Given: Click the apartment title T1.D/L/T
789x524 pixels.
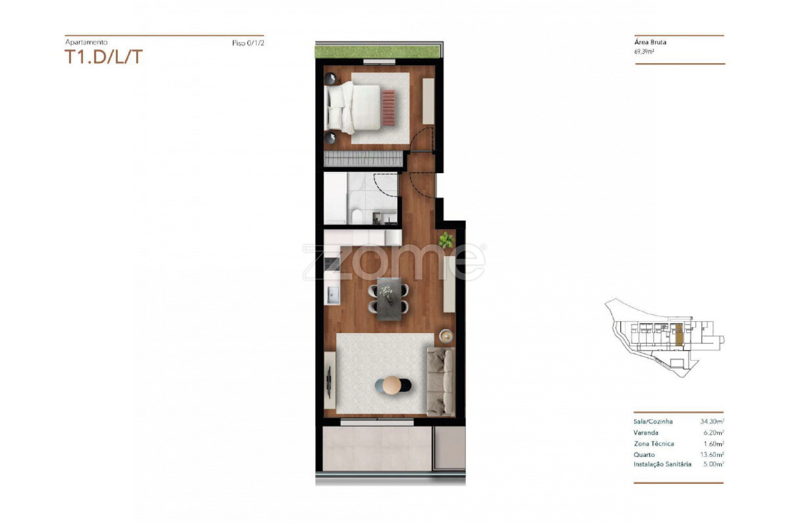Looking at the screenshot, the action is [x=104, y=57].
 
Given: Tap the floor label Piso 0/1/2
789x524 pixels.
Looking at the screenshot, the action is [x=248, y=43].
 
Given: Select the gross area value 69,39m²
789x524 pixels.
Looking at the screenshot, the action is [x=644, y=51].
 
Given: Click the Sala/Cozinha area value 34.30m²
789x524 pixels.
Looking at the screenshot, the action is [x=712, y=421].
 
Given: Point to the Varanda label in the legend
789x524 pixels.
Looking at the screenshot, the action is [x=646, y=432].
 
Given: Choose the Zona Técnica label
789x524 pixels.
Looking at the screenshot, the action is [x=654, y=444].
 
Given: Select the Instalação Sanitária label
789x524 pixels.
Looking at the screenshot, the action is [x=662, y=464].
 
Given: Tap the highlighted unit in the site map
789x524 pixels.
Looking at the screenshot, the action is [x=679, y=335].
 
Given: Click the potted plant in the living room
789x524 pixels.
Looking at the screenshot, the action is [x=446, y=240].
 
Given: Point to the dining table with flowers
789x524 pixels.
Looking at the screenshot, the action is [x=389, y=299].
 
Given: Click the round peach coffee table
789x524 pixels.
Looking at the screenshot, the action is [x=392, y=385].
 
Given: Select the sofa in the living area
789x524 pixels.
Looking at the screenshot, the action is [x=441, y=381].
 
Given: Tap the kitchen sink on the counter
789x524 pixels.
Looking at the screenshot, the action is [x=332, y=295].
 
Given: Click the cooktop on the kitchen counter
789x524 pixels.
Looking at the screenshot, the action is [x=331, y=264].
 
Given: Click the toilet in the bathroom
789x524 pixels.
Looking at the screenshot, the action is [x=357, y=216].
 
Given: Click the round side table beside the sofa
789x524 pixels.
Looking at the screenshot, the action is [x=446, y=336].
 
